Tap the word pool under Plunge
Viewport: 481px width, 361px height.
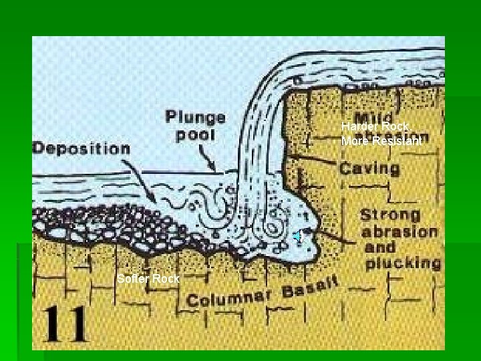196,135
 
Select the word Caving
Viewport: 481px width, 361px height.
369,167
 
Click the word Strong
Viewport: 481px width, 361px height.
391,216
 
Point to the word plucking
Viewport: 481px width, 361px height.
403,263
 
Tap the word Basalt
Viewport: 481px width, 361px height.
314,288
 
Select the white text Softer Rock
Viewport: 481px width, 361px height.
148,279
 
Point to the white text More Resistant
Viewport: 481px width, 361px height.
381,141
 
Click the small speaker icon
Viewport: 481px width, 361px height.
300,236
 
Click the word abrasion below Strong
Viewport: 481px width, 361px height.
399,232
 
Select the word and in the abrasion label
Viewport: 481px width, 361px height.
378,247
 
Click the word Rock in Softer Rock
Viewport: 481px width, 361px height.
166,279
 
